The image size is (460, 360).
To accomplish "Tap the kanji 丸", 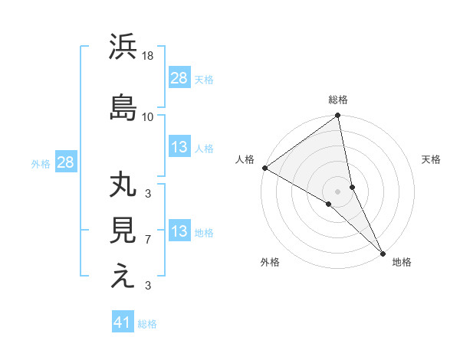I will pos(123,187).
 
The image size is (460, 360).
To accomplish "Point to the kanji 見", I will pos(123,231).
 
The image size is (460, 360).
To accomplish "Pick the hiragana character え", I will pos(123,276).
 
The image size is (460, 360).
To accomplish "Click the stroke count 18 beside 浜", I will pos(149,56).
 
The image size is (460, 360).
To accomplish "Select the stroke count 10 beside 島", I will pos(149,116).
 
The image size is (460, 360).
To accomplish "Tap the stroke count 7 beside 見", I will pos(148,240).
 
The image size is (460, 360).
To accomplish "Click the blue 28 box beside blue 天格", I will pos(179,78).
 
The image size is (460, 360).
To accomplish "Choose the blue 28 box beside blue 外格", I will pos(64,162).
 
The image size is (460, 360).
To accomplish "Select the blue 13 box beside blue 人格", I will pos(179,147).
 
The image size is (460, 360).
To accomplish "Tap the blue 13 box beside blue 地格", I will pos(179,231).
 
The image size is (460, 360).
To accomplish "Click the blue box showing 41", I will pos(123,322).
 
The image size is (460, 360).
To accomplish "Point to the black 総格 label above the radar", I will pos(338,100).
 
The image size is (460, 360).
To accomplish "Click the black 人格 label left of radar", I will pos(245,159).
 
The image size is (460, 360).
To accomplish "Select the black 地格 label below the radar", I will pos(402,263).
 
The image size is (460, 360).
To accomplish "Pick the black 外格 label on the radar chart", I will pos(270,263).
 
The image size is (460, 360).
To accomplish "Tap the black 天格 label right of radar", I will pos(431,159).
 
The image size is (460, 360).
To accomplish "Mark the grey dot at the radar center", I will pos(337,191).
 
